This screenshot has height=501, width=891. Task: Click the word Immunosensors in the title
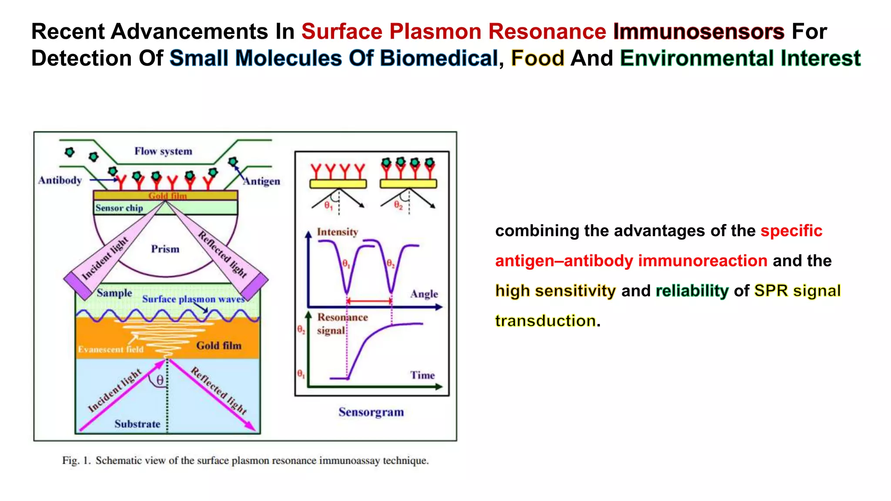tap(698, 31)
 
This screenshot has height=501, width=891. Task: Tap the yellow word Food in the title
tap(537, 58)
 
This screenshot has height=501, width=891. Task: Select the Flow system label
tap(163, 151)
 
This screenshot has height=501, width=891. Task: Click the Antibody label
tap(60, 180)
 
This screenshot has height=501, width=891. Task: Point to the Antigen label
tap(261, 181)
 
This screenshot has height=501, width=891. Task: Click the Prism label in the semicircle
tap(165, 249)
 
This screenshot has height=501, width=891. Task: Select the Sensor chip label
tap(119, 208)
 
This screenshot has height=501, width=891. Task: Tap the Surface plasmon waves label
tap(193, 299)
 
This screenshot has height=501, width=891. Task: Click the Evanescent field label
tap(111, 349)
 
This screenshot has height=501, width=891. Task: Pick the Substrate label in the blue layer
tap(137, 424)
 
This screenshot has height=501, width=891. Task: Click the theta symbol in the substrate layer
tap(160, 380)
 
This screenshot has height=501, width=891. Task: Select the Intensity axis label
tap(337, 232)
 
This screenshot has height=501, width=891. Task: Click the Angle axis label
tap(424, 294)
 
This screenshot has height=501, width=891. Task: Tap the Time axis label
tap(422, 375)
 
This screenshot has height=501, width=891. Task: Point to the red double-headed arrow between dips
tap(369, 301)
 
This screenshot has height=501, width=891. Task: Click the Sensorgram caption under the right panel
tap(371, 412)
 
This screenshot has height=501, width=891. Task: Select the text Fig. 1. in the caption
tap(76, 460)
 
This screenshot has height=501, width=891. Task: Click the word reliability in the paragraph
tap(692, 291)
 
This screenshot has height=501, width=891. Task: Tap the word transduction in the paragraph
tap(545, 321)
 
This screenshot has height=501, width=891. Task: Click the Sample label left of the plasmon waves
tap(114, 293)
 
